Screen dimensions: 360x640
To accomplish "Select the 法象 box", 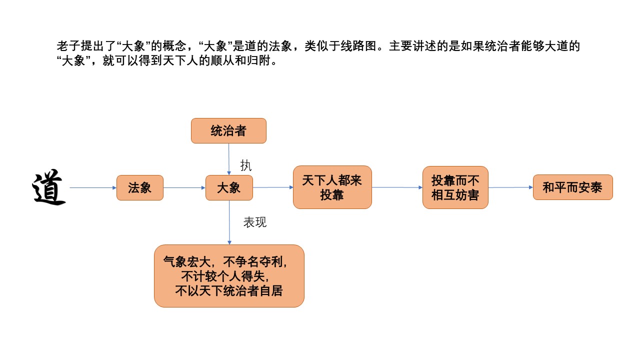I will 140,187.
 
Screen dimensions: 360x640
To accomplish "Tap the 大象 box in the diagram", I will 229,187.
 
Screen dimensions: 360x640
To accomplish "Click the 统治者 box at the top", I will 228,131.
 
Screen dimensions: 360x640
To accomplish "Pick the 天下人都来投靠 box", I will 332,187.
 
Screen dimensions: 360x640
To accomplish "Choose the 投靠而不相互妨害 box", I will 455,187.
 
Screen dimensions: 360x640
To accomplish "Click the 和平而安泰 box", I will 572,187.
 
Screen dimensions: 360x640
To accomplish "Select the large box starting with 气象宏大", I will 229,275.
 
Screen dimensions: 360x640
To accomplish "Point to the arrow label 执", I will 246,164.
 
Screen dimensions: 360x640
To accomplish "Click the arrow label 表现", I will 255,222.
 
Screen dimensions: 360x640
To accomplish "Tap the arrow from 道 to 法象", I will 93,187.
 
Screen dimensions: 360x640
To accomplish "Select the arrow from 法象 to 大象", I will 184,187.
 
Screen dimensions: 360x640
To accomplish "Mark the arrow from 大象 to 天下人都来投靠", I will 273,187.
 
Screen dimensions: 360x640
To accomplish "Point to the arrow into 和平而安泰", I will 510,187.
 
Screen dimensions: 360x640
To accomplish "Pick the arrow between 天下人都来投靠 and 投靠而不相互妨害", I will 397,187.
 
